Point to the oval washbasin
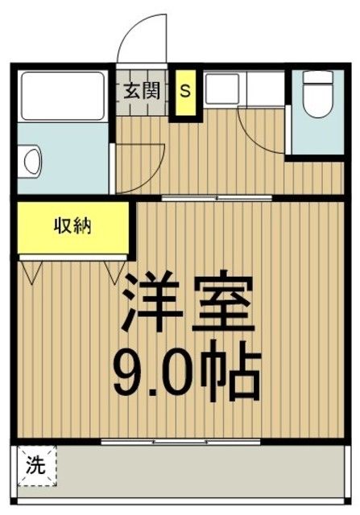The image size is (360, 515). coord(31,161)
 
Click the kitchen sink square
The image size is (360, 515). coord(220,91)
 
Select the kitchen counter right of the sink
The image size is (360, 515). coord(262,91)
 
